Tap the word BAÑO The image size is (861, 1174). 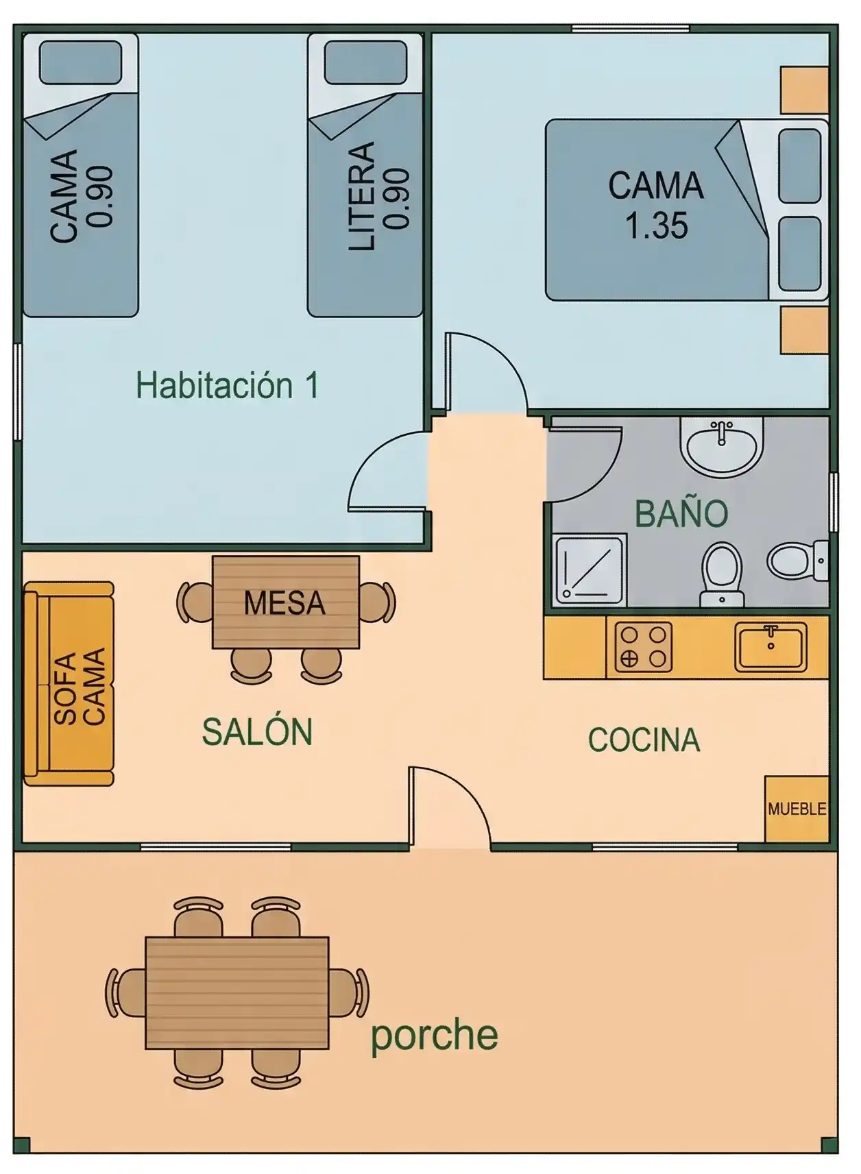(x=681, y=513)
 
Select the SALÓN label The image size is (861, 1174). (x=258, y=732)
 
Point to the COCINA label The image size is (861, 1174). (x=644, y=739)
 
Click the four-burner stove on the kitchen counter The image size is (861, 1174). (x=644, y=647)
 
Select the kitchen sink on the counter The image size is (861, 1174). (x=771, y=647)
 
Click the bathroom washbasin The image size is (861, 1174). (x=722, y=448)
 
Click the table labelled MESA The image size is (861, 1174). (x=286, y=602)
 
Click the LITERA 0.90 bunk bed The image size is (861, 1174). (x=365, y=175)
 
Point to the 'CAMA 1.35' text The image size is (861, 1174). (x=655, y=205)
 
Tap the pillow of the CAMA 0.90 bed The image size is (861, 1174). (x=81, y=62)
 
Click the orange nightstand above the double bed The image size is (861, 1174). (x=804, y=90)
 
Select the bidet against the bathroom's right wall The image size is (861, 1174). (x=797, y=561)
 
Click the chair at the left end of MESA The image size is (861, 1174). (x=195, y=602)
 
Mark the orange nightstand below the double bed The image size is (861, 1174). (x=804, y=330)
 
